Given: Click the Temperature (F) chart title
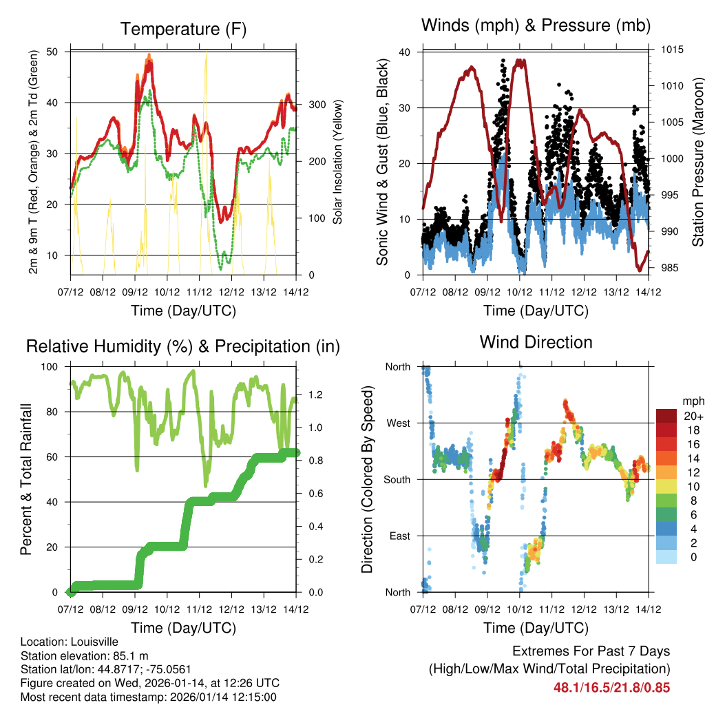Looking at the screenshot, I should coord(183,29).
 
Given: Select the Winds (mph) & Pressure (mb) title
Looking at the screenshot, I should coord(536,25).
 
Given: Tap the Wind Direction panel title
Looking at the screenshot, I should coord(536,342).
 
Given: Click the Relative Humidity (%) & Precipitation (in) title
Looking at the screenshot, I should coord(183,346).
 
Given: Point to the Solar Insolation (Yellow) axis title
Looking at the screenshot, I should coord(337,162).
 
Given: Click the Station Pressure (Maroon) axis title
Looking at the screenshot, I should coord(697,162).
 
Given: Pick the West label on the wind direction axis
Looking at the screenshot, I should coord(398,423).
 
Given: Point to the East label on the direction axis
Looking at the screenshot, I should coord(399,536).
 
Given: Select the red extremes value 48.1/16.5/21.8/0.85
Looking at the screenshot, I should coord(611,686).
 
